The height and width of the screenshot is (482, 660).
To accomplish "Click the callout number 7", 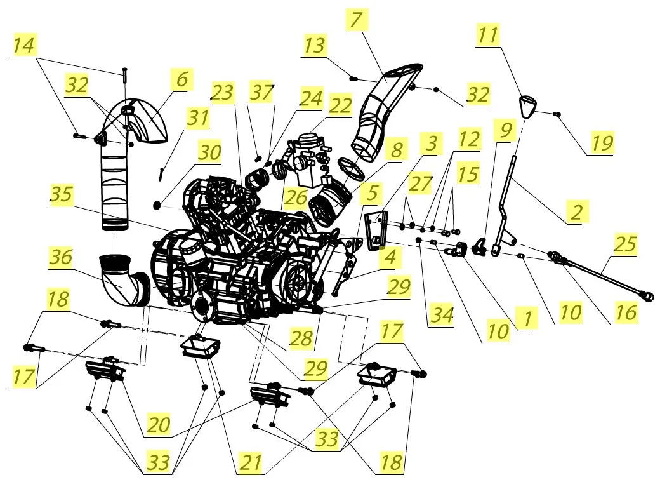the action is (x=356, y=20).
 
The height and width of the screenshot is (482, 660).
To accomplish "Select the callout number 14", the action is (x=24, y=45).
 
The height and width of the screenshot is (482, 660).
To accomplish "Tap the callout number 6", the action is (x=182, y=79).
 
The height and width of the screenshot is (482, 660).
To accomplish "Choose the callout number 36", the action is (x=62, y=257).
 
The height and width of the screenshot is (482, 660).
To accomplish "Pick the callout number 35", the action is (x=62, y=195).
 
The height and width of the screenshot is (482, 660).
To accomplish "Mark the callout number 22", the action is (x=340, y=105).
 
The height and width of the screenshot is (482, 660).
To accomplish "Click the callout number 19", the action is (x=602, y=144).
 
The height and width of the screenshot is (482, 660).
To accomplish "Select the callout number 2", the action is (x=577, y=211).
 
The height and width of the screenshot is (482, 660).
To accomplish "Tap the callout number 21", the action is (x=251, y=462).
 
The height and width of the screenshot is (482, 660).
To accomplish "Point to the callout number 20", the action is (x=158, y=424).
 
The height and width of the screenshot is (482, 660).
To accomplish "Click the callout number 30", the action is (x=209, y=152).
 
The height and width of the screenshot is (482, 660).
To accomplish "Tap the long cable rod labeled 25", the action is (x=602, y=274).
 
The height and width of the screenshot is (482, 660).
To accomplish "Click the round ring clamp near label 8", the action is (x=350, y=168).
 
